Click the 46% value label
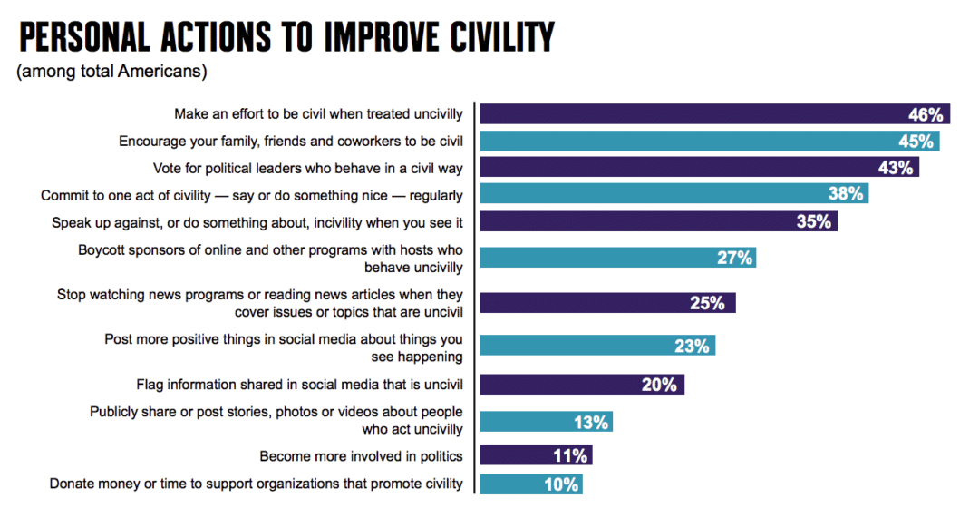(926, 115)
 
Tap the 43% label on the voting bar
(896, 168)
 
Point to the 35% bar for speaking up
(658, 221)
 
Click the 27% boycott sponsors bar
(617, 258)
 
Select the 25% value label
(707, 303)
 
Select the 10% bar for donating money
(531, 484)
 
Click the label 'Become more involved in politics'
(361, 455)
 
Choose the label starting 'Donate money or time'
(256, 484)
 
